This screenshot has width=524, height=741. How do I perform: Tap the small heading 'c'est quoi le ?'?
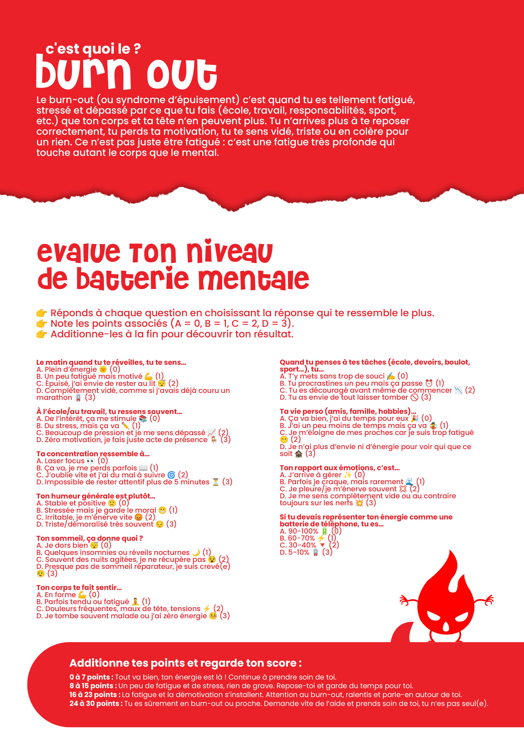tap(93, 49)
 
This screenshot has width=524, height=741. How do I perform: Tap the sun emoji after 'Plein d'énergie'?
tap(103, 369)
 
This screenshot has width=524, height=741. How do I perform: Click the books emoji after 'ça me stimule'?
tap(143, 419)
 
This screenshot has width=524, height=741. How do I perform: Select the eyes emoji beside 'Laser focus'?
tap(91, 461)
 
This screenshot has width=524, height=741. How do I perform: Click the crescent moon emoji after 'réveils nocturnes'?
tap(196, 553)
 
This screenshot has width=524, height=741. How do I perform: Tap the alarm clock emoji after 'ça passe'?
tap(429, 383)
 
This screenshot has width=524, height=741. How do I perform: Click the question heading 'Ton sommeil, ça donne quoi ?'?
tap(89, 538)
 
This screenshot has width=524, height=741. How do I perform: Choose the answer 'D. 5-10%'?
tap(295, 553)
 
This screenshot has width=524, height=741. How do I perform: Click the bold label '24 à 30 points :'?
tap(96, 704)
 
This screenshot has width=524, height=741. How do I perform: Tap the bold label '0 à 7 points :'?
tap(91, 677)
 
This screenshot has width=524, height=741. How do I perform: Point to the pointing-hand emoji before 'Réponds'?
tap(42, 313)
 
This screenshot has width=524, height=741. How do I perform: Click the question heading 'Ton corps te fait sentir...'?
tap(79, 587)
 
